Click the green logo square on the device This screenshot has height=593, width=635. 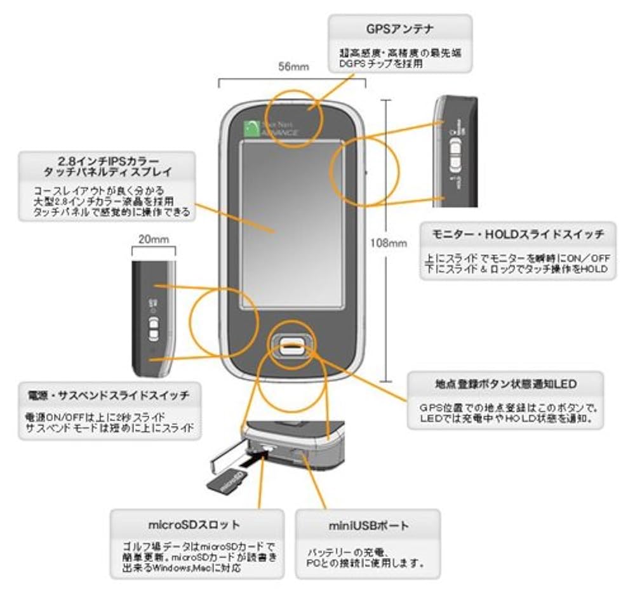pos(255,128)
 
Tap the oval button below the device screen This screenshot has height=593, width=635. pos(293,345)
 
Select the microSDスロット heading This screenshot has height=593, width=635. pos(197,524)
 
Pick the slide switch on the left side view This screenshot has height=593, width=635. pos(152,328)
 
